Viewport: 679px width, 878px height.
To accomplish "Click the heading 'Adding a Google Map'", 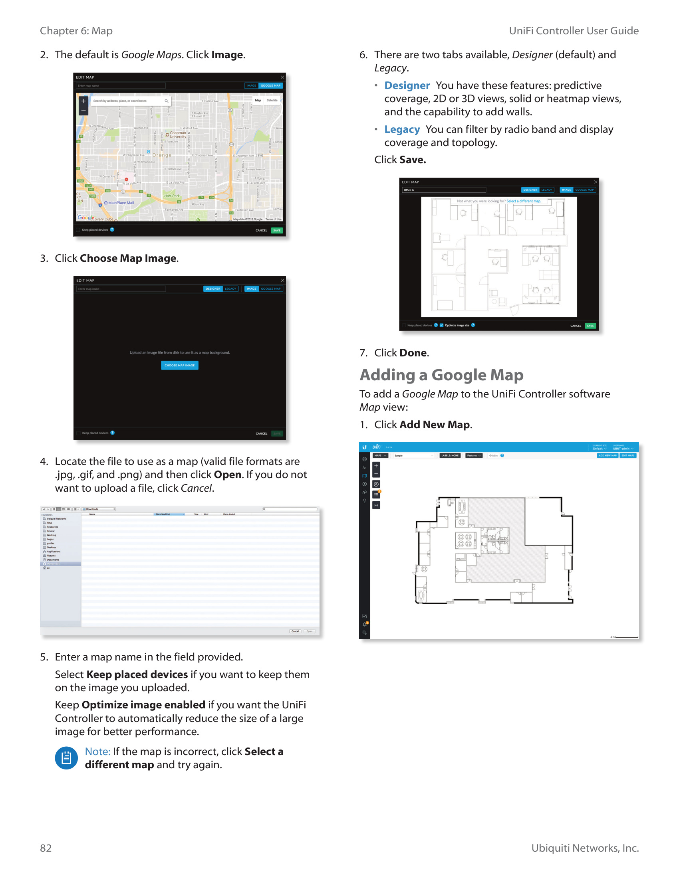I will point(441,375).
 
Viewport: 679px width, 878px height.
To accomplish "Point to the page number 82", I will point(46,848).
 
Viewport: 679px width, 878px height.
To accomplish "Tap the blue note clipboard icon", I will point(66,758).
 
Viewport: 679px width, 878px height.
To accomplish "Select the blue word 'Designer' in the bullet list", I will point(407,86).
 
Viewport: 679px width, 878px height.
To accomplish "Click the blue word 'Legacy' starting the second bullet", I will point(402,129).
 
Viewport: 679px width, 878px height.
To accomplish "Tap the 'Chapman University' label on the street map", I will point(177,134).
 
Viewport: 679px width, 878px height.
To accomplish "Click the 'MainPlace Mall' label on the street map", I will point(121,203).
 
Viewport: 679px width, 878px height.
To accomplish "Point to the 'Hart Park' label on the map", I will point(172,196).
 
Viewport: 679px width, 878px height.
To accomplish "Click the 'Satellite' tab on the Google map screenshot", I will point(272,101).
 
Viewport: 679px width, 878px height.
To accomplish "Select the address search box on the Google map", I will point(129,101).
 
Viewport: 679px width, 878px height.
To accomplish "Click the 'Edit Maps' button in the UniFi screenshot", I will point(627,455).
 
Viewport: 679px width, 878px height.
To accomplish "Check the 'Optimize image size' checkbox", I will point(441,325).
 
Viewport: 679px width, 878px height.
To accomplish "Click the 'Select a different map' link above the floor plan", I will point(523,201).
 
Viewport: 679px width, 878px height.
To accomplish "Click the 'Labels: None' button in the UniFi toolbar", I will point(450,455).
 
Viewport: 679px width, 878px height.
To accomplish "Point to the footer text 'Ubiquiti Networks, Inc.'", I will point(584,848).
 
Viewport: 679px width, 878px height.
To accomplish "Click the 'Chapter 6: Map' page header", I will point(76,31).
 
